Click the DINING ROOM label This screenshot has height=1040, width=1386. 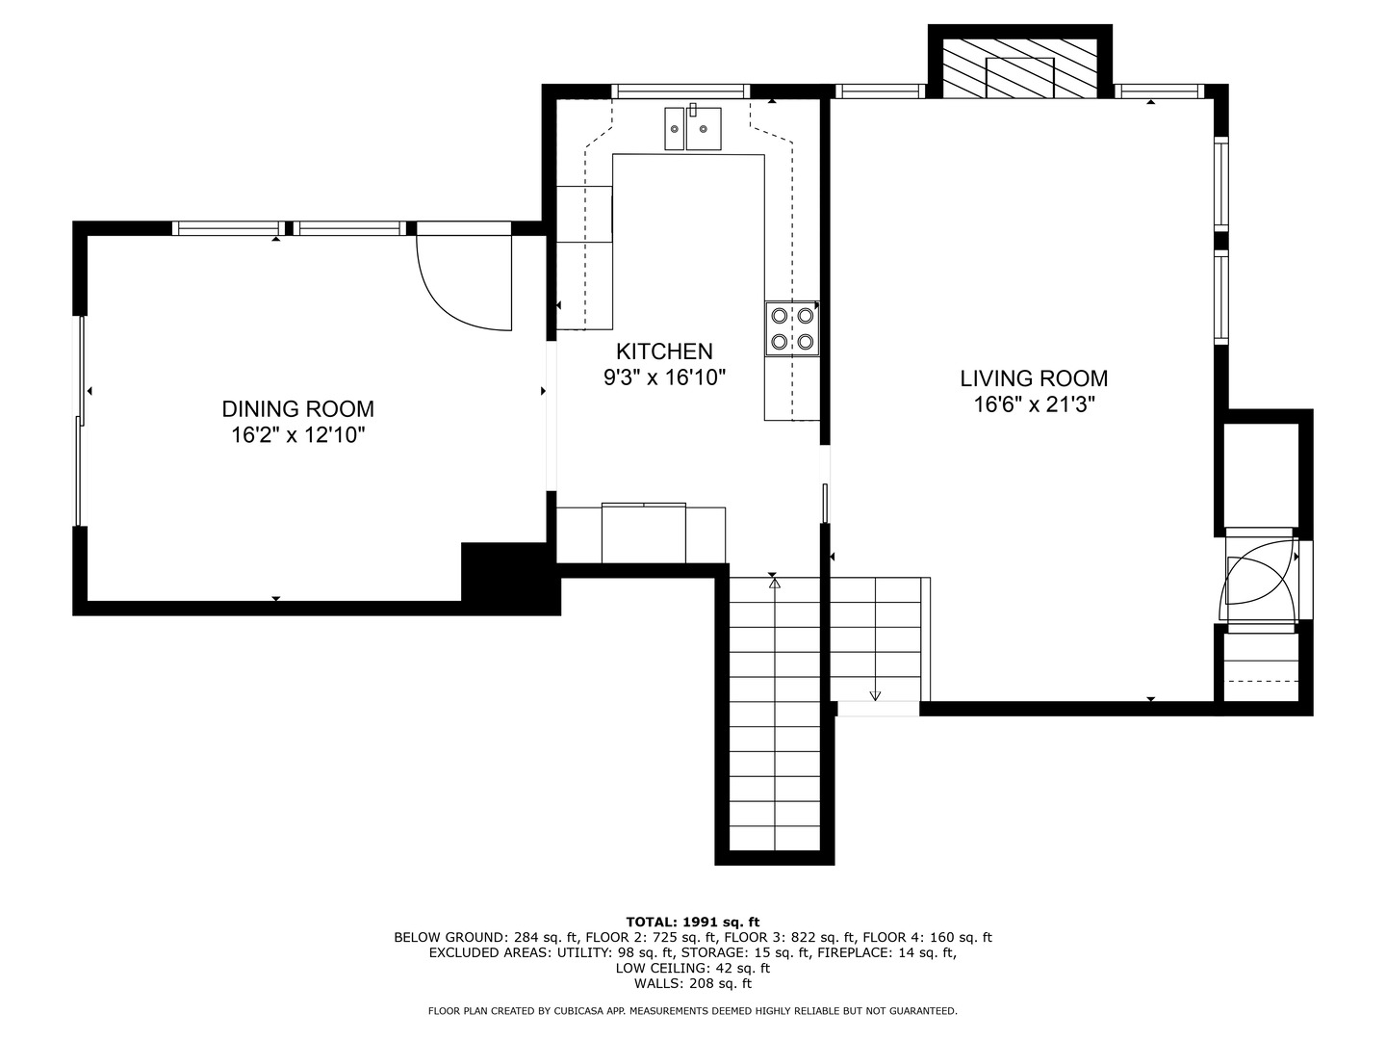pyautogui.click(x=297, y=409)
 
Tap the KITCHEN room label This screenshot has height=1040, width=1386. pyautogui.click(x=664, y=351)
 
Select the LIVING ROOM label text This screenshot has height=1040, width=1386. pyautogui.click(x=1034, y=378)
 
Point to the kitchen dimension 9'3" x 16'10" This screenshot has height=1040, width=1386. pyautogui.click(x=664, y=377)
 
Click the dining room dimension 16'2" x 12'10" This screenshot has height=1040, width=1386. pyautogui.click(x=298, y=435)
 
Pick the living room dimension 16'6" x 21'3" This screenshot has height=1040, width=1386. pyautogui.click(x=1034, y=404)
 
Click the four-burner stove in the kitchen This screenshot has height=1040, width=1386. pyautogui.click(x=792, y=328)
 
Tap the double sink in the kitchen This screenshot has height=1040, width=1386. pyautogui.click(x=693, y=128)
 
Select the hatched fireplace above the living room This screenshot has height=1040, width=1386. pyautogui.click(x=1019, y=68)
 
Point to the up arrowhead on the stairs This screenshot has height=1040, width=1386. pyautogui.click(x=775, y=584)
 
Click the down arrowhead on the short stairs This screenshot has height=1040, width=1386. pyautogui.click(x=875, y=695)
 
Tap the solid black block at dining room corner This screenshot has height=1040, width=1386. pyautogui.click(x=510, y=577)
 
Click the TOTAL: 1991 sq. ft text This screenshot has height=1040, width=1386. pyautogui.click(x=693, y=922)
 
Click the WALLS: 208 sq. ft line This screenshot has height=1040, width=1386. pyautogui.click(x=693, y=983)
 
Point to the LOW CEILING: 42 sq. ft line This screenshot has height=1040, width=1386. pyautogui.click(x=693, y=968)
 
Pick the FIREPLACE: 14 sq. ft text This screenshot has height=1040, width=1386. pyautogui.click(x=886, y=952)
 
